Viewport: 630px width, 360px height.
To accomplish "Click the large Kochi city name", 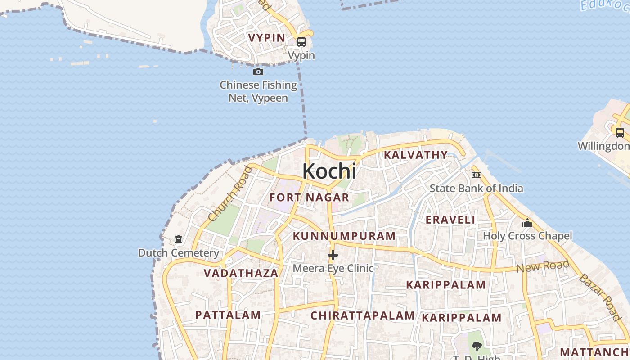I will (x=329, y=171).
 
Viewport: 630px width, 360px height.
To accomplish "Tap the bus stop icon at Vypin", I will (x=301, y=42).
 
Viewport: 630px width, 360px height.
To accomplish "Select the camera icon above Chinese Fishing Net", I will (x=258, y=72).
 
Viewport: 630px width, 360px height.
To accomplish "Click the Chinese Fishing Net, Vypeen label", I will (x=258, y=91).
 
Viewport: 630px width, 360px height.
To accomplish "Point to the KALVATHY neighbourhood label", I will (x=416, y=155).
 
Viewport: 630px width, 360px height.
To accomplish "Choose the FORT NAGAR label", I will (x=309, y=197).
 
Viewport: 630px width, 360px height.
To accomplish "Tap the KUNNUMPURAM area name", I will (x=344, y=236).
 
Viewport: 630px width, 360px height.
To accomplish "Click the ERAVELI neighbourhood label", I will (x=450, y=220).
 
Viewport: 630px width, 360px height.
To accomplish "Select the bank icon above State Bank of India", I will (x=476, y=175).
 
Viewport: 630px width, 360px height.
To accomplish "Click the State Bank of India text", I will (x=476, y=188).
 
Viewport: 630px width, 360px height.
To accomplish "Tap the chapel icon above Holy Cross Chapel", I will (x=527, y=223).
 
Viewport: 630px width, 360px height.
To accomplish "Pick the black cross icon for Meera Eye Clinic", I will (x=333, y=255).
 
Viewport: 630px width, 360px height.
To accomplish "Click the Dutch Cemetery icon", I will (x=179, y=239).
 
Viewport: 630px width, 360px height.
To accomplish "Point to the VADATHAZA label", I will (x=241, y=273).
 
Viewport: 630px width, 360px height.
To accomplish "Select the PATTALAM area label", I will (x=228, y=315).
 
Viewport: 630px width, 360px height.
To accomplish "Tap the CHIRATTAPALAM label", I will (x=363, y=315).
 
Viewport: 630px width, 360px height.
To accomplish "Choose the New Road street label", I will (x=543, y=266).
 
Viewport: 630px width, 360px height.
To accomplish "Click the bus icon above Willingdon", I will (x=620, y=133).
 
